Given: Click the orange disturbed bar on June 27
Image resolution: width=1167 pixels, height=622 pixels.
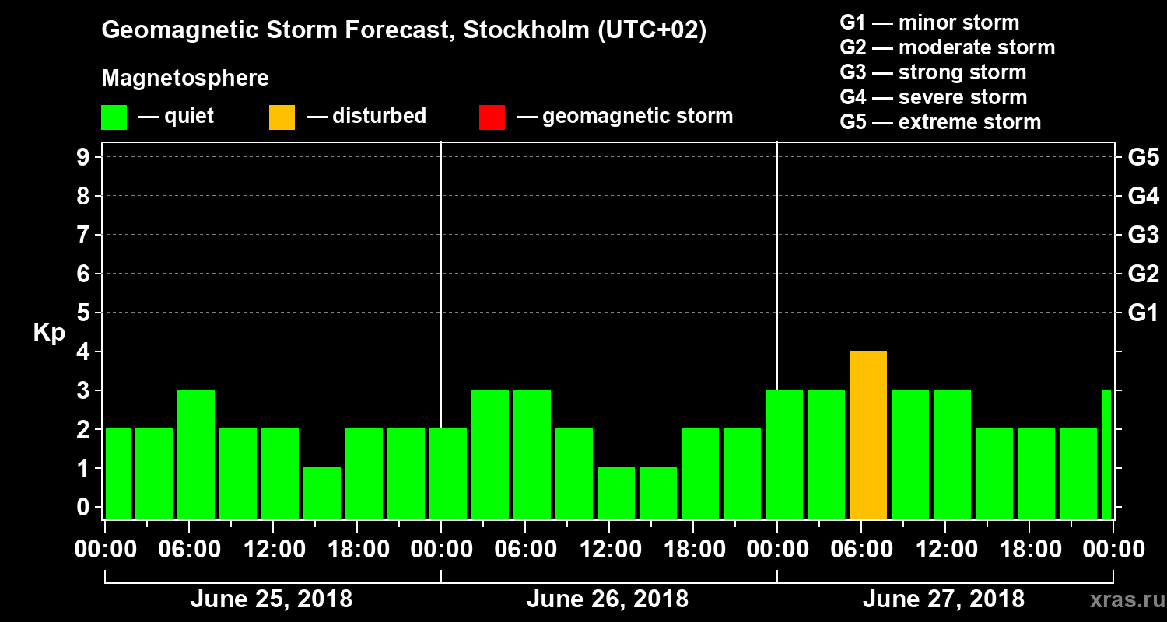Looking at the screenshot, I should coord(868,435).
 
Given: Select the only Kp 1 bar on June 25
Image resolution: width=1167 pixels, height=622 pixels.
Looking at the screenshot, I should coord(322,493).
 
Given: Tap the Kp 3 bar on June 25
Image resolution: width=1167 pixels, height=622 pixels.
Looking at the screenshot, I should coord(196,454).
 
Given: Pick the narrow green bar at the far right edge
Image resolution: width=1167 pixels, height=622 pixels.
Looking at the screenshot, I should coord(1106,454).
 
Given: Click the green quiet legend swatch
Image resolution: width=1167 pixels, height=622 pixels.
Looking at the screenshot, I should coord(114,117).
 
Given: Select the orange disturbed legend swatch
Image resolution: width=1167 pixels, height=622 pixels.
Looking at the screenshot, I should coord(282,117).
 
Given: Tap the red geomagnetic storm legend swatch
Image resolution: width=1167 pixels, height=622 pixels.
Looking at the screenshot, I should coord(492,117).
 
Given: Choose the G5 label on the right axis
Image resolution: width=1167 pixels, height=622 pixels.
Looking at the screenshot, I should coord(1143,157).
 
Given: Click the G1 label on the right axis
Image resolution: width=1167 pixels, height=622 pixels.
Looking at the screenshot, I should coord(1143,313).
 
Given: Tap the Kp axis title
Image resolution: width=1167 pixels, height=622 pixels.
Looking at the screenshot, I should coord(49,333).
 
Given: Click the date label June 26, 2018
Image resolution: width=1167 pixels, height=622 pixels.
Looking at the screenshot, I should coord(607,599).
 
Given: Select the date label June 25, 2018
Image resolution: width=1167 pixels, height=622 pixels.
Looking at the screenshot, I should coord(271,599).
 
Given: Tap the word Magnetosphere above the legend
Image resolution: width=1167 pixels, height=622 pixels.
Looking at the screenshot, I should coord(185,79).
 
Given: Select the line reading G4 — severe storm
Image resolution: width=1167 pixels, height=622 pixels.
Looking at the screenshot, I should coord(933,97).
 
